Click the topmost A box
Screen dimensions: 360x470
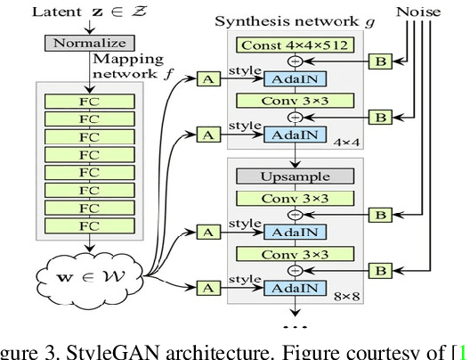(x=207, y=79)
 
